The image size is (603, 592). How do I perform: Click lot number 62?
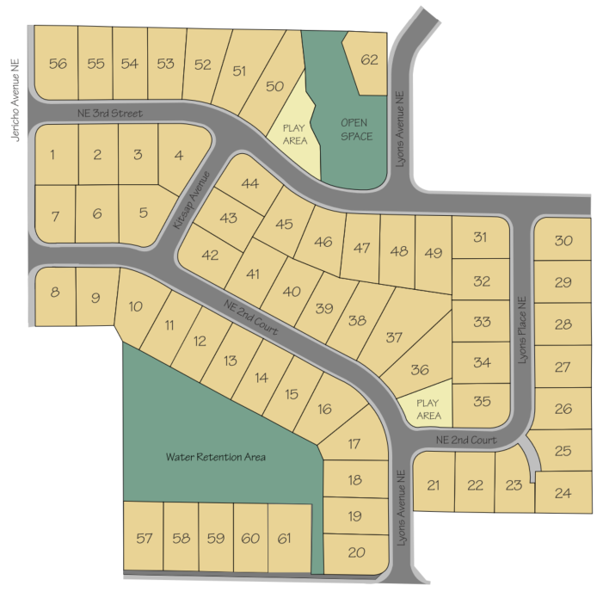(x=370, y=60)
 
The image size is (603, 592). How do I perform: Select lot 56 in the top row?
(x=58, y=64)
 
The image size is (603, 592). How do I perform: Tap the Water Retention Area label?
(x=216, y=457)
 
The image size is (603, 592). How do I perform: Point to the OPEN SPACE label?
(x=355, y=129)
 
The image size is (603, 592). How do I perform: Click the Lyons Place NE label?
(x=521, y=330)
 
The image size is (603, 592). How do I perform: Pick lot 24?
(x=563, y=493)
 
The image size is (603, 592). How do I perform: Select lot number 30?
(x=563, y=241)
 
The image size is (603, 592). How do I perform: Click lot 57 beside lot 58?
(x=144, y=539)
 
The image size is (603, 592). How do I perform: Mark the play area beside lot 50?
(x=293, y=133)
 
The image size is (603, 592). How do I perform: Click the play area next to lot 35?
(x=428, y=409)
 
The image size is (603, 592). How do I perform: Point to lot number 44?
(x=250, y=183)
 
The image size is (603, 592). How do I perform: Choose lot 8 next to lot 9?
(x=55, y=293)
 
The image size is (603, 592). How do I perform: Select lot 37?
(x=393, y=337)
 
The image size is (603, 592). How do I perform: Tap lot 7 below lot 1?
(x=55, y=215)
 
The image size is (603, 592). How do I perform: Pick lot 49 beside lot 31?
(x=434, y=252)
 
